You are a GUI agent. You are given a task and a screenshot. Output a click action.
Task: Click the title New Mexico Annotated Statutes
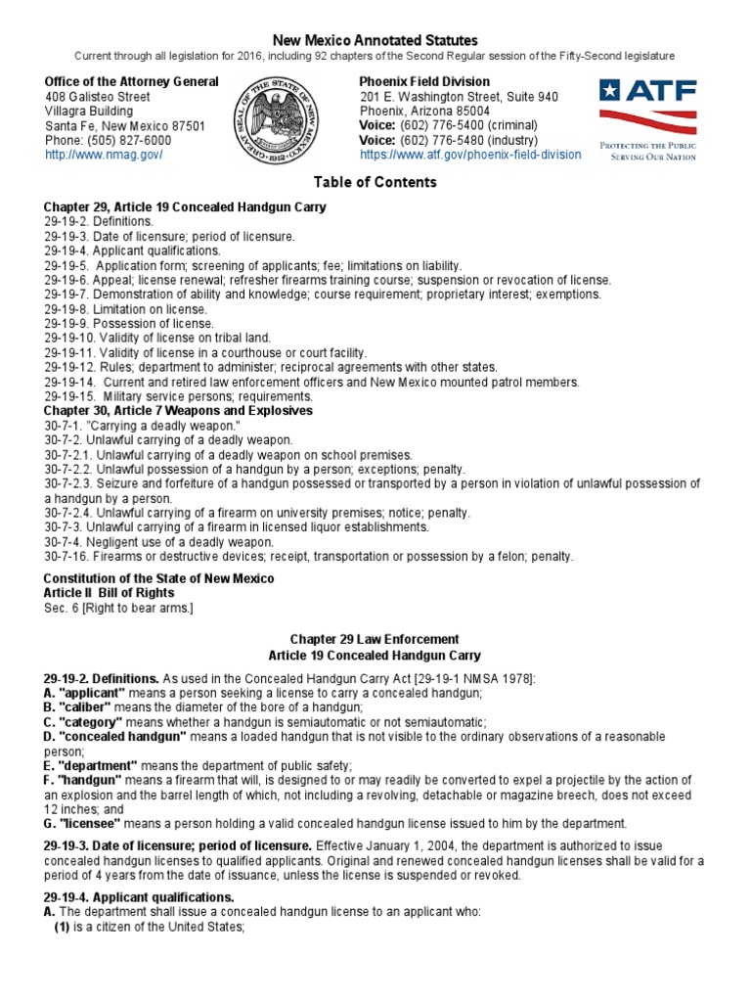pyautogui.click(x=375, y=40)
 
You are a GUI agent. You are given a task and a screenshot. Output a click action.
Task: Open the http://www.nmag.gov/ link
pyautogui.click(x=103, y=155)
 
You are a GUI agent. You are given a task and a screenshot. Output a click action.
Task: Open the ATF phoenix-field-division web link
pyautogui.click(x=470, y=155)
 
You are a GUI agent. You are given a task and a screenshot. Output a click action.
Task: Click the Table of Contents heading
pyautogui.click(x=375, y=182)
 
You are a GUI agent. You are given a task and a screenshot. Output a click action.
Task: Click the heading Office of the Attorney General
pyautogui.click(x=131, y=82)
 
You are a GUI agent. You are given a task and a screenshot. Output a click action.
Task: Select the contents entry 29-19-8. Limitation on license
pyautogui.click(x=125, y=309)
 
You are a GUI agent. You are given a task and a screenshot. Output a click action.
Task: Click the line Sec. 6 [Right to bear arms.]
pyautogui.click(x=118, y=608)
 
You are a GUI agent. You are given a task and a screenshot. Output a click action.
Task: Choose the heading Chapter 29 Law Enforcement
pyautogui.click(x=375, y=639)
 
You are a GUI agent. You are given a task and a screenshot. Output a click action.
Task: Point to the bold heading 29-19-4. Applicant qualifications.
pyautogui.click(x=139, y=896)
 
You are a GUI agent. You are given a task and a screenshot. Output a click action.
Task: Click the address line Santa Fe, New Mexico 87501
pyautogui.click(x=124, y=126)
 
